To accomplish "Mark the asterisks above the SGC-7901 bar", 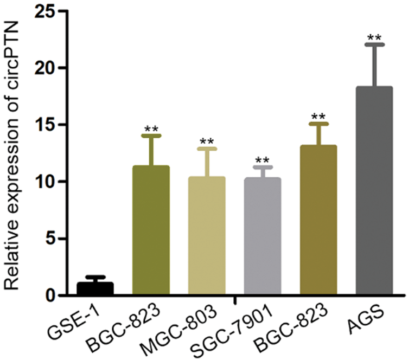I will tap(263, 160).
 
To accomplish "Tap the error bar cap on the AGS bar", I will tap(374, 44).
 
